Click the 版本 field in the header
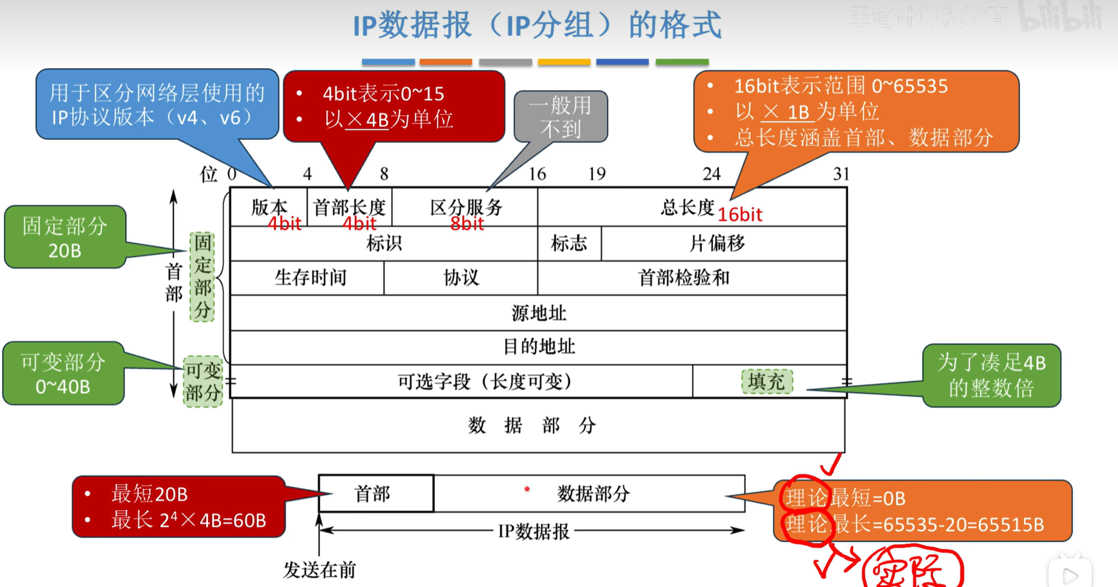[269, 207]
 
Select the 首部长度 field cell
[349, 207]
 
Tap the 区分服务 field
[465, 207]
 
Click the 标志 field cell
[569, 244]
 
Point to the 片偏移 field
[718, 244]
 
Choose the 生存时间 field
[310, 278]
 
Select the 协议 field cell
[461, 278]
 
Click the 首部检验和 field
[684, 278]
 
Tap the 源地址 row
[539, 313]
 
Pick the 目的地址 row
[539, 346]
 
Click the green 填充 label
[766, 381]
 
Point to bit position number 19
[597, 173]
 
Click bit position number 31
[841, 173]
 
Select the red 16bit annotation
[740, 215]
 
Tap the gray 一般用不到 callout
[561, 117]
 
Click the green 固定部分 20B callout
[64, 237]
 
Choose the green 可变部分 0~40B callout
[63, 374]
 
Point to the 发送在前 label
[319, 570]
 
